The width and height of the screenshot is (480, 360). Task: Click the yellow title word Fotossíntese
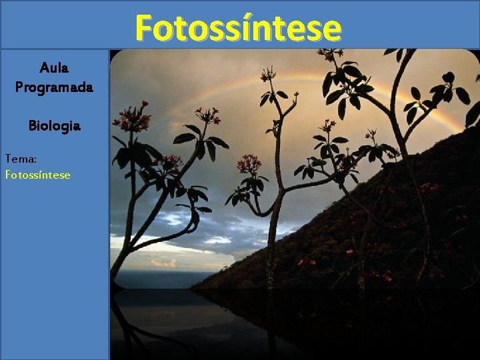click(x=238, y=28)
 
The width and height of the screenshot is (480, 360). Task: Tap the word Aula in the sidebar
click(x=54, y=67)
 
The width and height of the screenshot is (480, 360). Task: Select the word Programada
click(x=54, y=87)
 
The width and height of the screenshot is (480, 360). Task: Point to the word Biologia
click(x=54, y=125)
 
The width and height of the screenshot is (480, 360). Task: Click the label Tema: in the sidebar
click(x=19, y=159)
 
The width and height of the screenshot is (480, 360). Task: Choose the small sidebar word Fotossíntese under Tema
click(x=37, y=175)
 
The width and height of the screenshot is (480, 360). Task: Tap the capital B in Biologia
click(x=32, y=125)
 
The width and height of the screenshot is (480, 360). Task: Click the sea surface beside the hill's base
click(x=153, y=279)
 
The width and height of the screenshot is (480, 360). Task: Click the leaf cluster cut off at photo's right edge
click(x=472, y=113)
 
